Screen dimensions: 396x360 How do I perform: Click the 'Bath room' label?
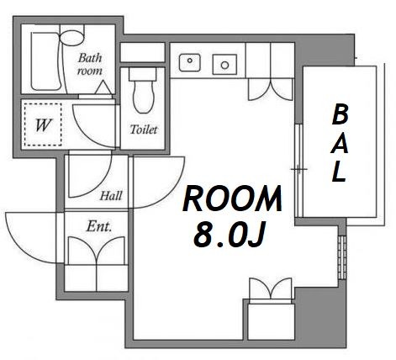(90, 64)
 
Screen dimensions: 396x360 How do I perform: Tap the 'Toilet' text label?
(144, 130)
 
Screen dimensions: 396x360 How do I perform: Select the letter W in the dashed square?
(43, 125)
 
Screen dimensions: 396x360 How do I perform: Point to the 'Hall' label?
(111, 196)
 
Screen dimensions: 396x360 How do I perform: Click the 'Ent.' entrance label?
(99, 226)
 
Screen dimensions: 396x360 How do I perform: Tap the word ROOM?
(232, 199)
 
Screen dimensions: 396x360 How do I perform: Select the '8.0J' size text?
(230, 236)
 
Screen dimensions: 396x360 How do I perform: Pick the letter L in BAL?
(338, 172)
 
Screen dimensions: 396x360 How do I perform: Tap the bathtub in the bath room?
(45, 61)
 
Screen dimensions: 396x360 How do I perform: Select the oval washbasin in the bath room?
(71, 38)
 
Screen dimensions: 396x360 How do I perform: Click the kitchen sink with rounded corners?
(190, 62)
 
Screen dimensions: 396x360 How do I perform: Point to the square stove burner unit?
(224, 65)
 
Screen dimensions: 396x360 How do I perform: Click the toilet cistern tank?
(142, 75)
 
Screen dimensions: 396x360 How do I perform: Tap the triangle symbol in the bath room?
(103, 87)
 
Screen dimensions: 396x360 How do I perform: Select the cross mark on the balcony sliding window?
(298, 169)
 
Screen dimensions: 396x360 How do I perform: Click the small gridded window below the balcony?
(342, 257)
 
